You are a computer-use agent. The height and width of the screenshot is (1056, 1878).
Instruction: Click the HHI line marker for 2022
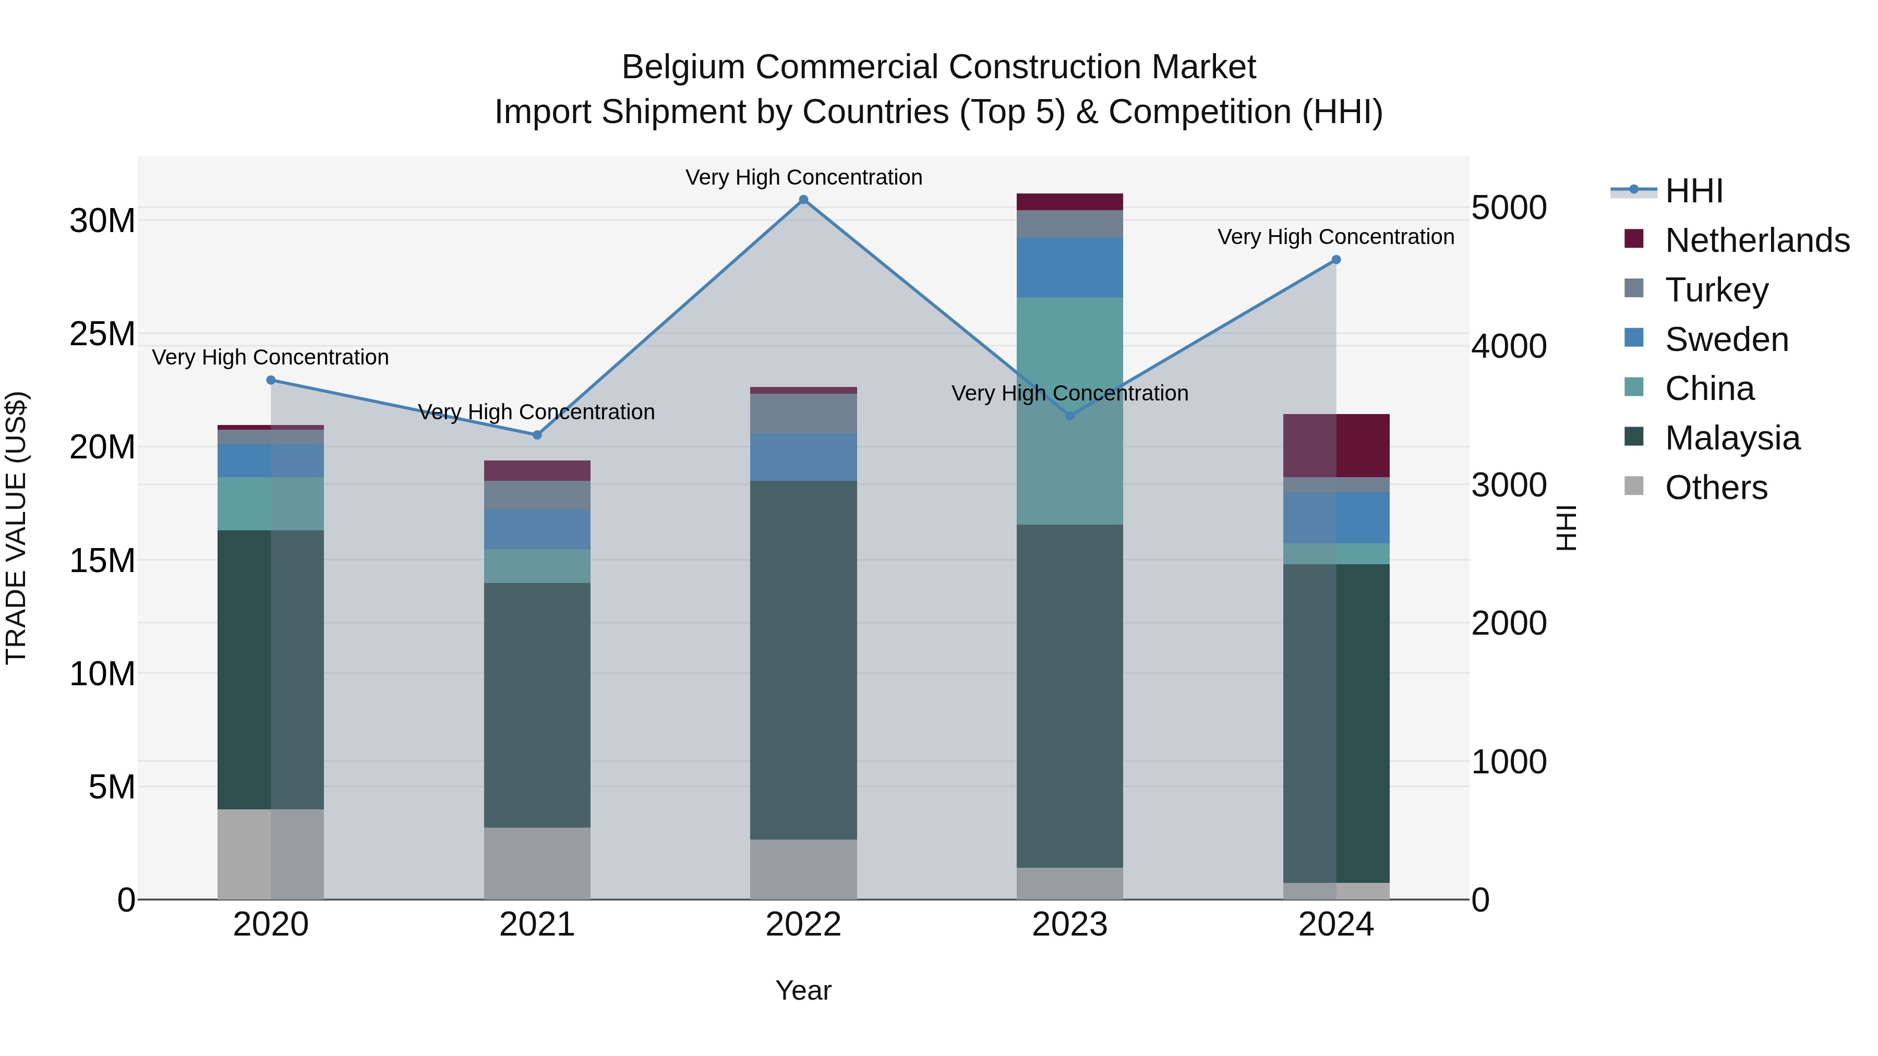point(803,200)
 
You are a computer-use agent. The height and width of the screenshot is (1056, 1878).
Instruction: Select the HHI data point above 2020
point(270,380)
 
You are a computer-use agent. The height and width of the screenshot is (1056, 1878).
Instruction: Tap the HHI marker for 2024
point(1335,260)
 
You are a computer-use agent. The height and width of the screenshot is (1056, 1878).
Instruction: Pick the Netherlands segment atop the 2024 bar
point(1335,445)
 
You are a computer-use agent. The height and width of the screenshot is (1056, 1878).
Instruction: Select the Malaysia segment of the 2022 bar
point(803,660)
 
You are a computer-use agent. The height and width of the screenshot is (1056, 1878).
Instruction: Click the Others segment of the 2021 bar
point(537,863)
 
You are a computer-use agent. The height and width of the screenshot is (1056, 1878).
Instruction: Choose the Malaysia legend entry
point(1731,438)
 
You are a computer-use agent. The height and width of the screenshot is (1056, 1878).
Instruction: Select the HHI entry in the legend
point(1693,191)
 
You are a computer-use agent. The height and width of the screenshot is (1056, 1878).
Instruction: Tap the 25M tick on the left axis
point(102,334)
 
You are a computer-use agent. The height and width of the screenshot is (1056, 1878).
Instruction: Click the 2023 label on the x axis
point(1069,925)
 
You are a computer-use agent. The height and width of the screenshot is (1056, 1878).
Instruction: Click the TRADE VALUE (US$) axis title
point(16,528)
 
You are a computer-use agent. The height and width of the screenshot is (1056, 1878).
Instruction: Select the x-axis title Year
point(803,990)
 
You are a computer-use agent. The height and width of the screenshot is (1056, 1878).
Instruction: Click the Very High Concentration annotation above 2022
point(803,177)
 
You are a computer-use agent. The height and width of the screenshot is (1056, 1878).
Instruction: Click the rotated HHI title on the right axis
point(1565,528)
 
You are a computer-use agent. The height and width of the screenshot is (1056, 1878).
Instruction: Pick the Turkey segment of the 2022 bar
point(803,413)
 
